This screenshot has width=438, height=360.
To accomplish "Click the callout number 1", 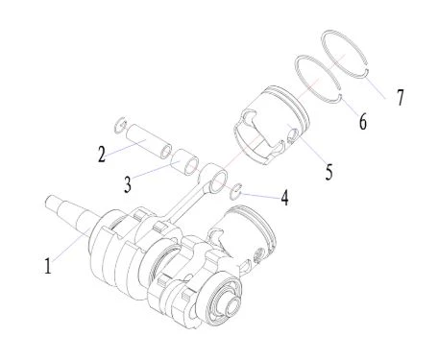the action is click(48, 266).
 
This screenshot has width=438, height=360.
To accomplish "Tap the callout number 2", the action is click(102, 155).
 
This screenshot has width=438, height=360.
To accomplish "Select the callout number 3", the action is click(128, 184).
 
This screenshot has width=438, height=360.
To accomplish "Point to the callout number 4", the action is click(284, 197).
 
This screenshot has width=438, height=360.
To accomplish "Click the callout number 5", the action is click(329, 172).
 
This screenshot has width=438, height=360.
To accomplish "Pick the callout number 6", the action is click(362, 122).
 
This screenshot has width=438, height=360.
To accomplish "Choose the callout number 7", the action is click(401, 97).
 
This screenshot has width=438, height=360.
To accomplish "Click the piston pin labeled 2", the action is click(149, 141).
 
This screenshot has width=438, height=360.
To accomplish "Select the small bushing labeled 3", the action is click(185, 162).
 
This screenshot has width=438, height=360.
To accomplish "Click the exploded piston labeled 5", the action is click(272, 125).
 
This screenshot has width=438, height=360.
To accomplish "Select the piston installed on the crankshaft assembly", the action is click(243, 238).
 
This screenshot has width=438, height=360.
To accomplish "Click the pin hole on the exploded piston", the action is click(292, 134).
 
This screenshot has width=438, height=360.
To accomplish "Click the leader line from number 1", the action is click(70, 247).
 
